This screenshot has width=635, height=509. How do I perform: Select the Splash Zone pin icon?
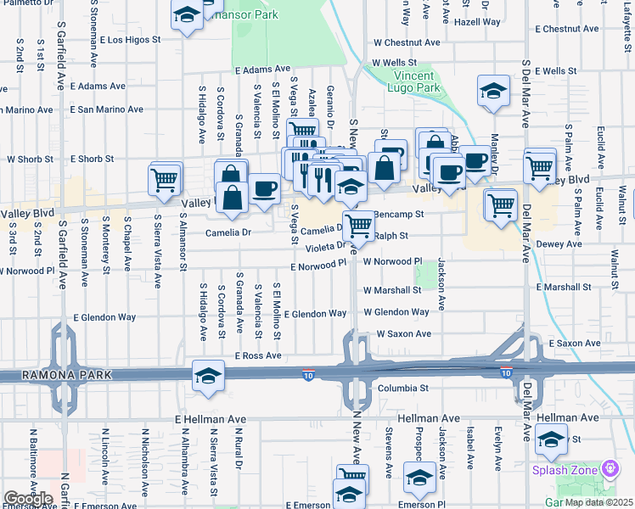(x=610, y=468)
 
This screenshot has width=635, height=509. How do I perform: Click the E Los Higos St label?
(x=130, y=40)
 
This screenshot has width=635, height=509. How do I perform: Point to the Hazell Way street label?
(x=477, y=23)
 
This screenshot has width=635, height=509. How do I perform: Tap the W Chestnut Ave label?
(x=407, y=42)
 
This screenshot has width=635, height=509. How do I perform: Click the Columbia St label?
(x=402, y=388)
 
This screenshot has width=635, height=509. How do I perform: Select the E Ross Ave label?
(x=258, y=355)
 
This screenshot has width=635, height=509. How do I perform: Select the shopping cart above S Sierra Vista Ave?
(x=163, y=178)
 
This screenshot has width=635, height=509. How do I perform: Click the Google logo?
(x=28, y=499)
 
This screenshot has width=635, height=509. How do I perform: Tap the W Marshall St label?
(x=391, y=290)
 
